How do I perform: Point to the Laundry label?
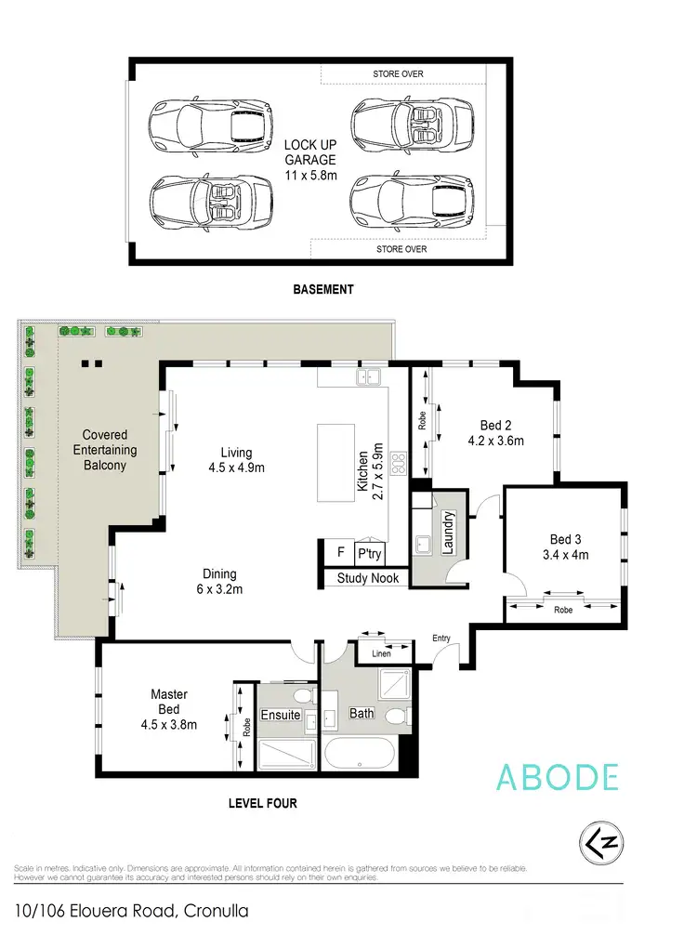point(447,532)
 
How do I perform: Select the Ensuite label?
point(280,715)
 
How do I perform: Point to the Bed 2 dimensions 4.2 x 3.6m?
point(497,441)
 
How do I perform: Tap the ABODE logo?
point(558,775)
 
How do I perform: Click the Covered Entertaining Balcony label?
point(104,450)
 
